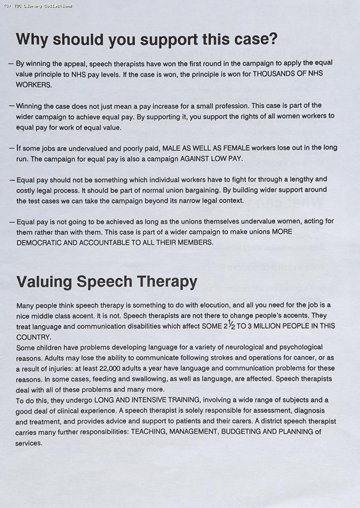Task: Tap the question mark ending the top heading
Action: [x=273, y=39]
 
